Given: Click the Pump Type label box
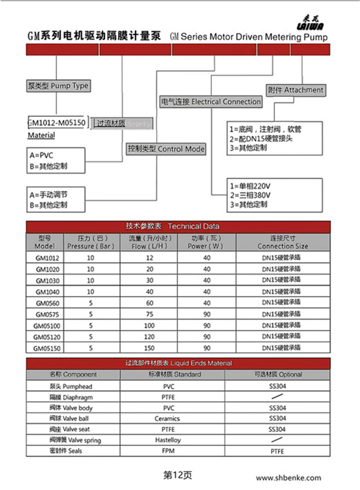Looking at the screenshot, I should coord(58,85).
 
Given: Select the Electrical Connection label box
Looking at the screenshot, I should coord(211,102).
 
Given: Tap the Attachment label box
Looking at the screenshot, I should coord(295,90).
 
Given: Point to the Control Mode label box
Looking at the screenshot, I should coord(166,149).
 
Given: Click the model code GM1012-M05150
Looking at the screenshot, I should coord(57,122).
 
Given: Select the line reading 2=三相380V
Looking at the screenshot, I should coord(250,195).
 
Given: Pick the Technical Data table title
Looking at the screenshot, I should coord(178,226).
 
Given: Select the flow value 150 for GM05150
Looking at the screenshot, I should coord(149,348).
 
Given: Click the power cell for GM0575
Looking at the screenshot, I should coord(207,314).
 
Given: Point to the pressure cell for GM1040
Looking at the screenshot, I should coord(90,291).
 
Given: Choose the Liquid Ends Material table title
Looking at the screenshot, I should coord(178,363).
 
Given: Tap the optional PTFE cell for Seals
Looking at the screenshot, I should coord(277,451).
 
